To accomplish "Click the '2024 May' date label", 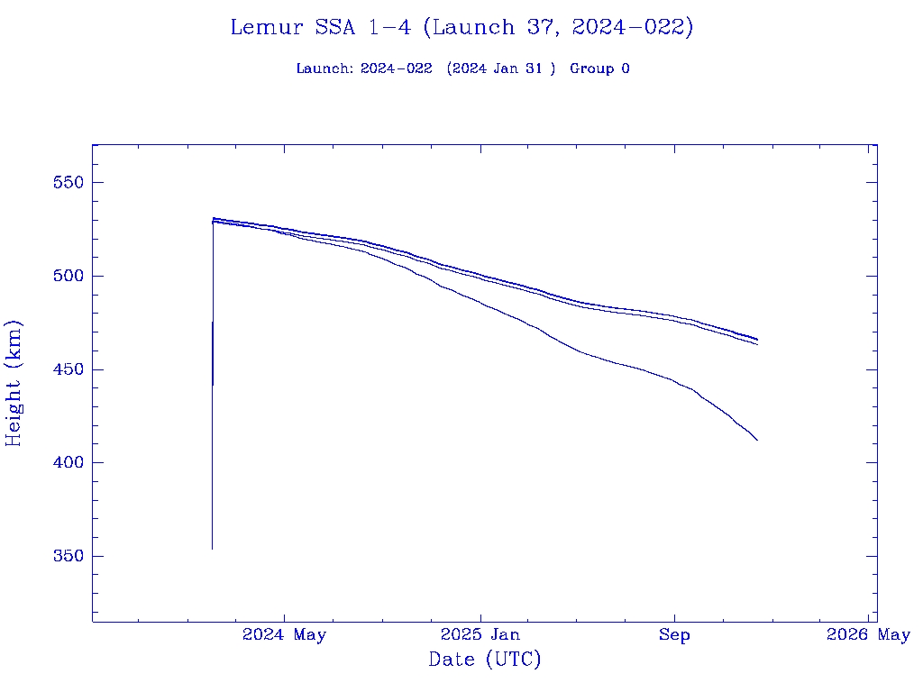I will (284, 635).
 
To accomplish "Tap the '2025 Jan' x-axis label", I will (480, 635).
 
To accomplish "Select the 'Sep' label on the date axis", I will (674, 635).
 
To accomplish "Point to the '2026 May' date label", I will (868, 635).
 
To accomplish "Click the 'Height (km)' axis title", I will (14, 383).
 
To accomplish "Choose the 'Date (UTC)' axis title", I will (485, 660).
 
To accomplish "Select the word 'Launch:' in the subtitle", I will (324, 69).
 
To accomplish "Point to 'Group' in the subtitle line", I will (590, 69).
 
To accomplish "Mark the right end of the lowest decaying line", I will (757, 441).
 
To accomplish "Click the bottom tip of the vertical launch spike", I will (212, 549).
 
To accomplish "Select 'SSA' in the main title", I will (333, 28).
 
